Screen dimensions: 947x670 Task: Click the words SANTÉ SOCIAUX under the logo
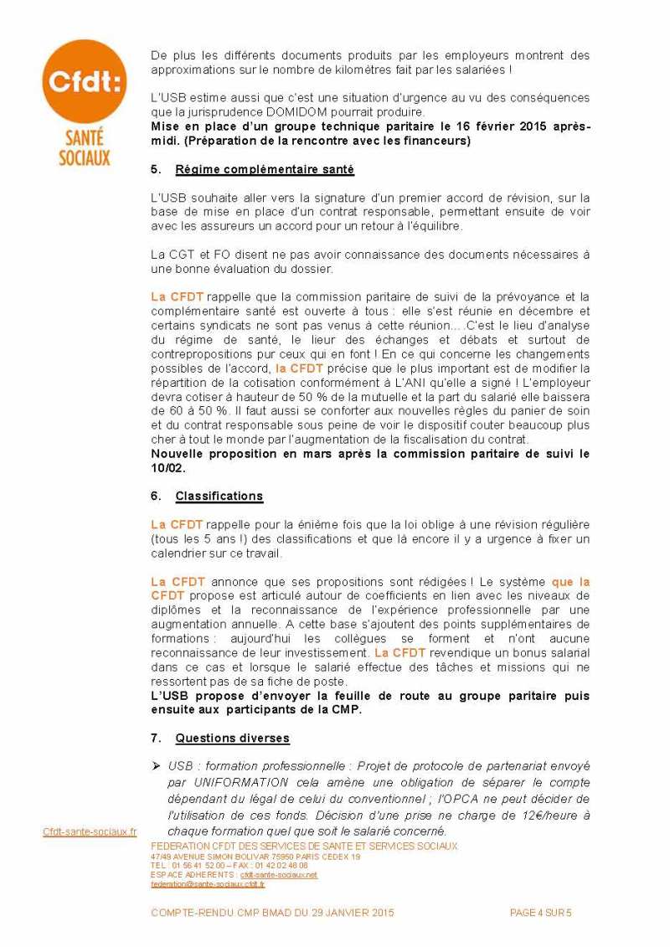pos(83,148)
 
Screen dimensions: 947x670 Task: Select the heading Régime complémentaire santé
pos(265,170)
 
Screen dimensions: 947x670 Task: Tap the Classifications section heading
pos(219,497)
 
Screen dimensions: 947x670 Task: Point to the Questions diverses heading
pos(232,739)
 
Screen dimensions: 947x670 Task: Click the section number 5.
pos(156,170)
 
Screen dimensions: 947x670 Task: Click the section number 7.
pos(156,739)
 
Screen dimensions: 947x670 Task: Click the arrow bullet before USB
pos(156,765)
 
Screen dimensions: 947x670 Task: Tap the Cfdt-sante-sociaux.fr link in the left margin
pos(90,832)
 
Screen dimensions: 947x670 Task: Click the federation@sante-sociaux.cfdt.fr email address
pos(208,883)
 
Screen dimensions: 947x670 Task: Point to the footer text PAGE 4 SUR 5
pos(541,913)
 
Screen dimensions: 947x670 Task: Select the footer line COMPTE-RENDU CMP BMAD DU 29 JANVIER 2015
pos(272,913)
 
